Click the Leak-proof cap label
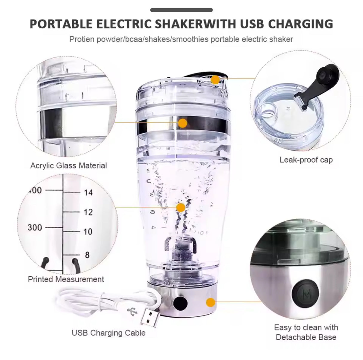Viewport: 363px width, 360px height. (x=306, y=160)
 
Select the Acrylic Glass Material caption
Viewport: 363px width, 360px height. (x=68, y=166)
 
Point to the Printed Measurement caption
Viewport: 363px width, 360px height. (x=66, y=279)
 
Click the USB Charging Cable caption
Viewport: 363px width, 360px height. (x=109, y=333)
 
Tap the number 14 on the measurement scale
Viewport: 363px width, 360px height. (x=88, y=192)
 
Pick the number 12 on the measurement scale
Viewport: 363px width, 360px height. (x=88, y=212)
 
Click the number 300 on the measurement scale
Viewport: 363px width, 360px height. (x=35, y=227)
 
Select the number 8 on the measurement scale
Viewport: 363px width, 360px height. (x=87, y=255)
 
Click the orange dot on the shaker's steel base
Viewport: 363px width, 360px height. (x=211, y=302)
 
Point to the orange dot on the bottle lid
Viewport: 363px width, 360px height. (x=215, y=80)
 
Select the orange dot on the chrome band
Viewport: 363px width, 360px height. (x=182, y=123)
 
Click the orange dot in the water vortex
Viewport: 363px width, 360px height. (x=181, y=207)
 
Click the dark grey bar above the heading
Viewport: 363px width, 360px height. (x=181, y=10)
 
